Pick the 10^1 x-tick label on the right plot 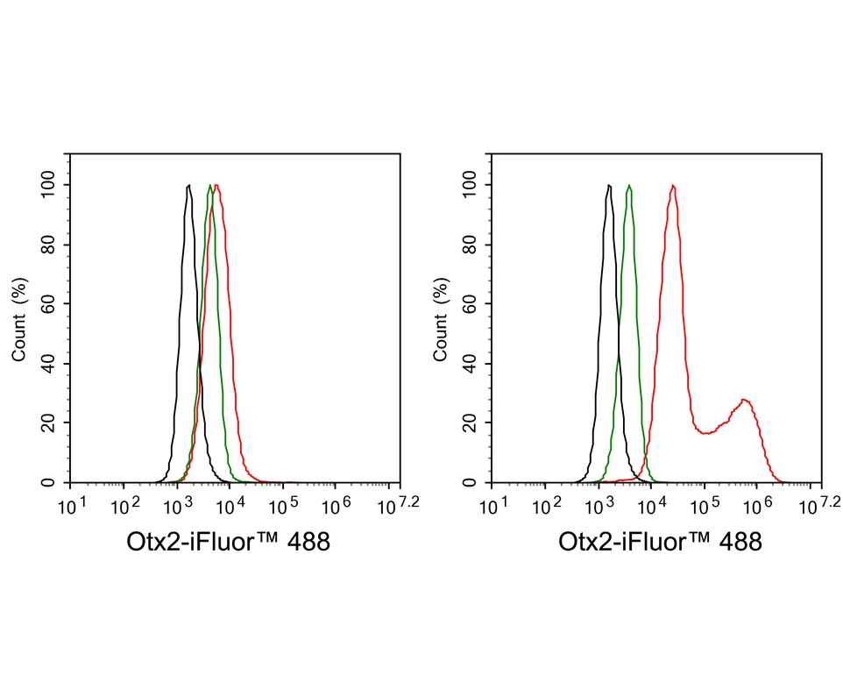pyautogui.click(x=493, y=508)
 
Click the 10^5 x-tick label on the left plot pyautogui.click(x=284, y=508)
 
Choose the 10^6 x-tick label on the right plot pyautogui.click(x=759, y=508)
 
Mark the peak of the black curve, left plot pyautogui.click(x=188, y=186)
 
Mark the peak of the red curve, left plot pyautogui.click(x=216, y=185)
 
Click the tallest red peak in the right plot pyautogui.click(x=672, y=186)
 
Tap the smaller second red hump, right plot pyautogui.click(x=744, y=401)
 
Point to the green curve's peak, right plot pyautogui.click(x=628, y=186)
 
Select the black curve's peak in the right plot pyautogui.click(x=607, y=186)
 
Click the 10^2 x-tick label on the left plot pyautogui.click(x=124, y=508)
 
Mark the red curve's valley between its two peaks pyautogui.click(x=706, y=433)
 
